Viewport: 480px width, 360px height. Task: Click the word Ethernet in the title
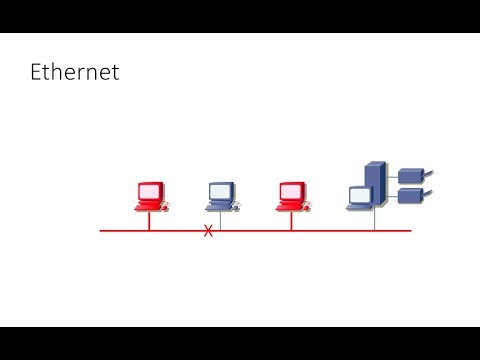[x=75, y=72]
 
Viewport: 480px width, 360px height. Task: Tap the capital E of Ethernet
[x=37, y=72]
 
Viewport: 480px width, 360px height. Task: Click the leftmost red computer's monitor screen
[x=150, y=190]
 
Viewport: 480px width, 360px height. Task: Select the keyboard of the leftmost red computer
[x=147, y=206]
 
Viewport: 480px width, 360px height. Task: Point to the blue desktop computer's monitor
[x=220, y=190]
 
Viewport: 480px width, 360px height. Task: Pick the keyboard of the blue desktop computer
[x=217, y=206]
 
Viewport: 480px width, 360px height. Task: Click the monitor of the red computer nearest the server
[x=291, y=190]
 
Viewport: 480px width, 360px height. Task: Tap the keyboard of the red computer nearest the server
[x=288, y=206]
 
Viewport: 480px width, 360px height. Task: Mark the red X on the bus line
[x=208, y=231]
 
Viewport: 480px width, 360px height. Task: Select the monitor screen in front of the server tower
[x=359, y=195]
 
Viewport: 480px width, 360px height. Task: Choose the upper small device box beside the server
[x=410, y=176]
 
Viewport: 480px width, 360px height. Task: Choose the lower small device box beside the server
[x=410, y=195]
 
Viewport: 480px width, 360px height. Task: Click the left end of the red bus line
[x=102, y=231]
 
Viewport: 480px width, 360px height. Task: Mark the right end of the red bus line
[x=409, y=231]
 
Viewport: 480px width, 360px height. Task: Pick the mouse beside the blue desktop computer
[x=236, y=207]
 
